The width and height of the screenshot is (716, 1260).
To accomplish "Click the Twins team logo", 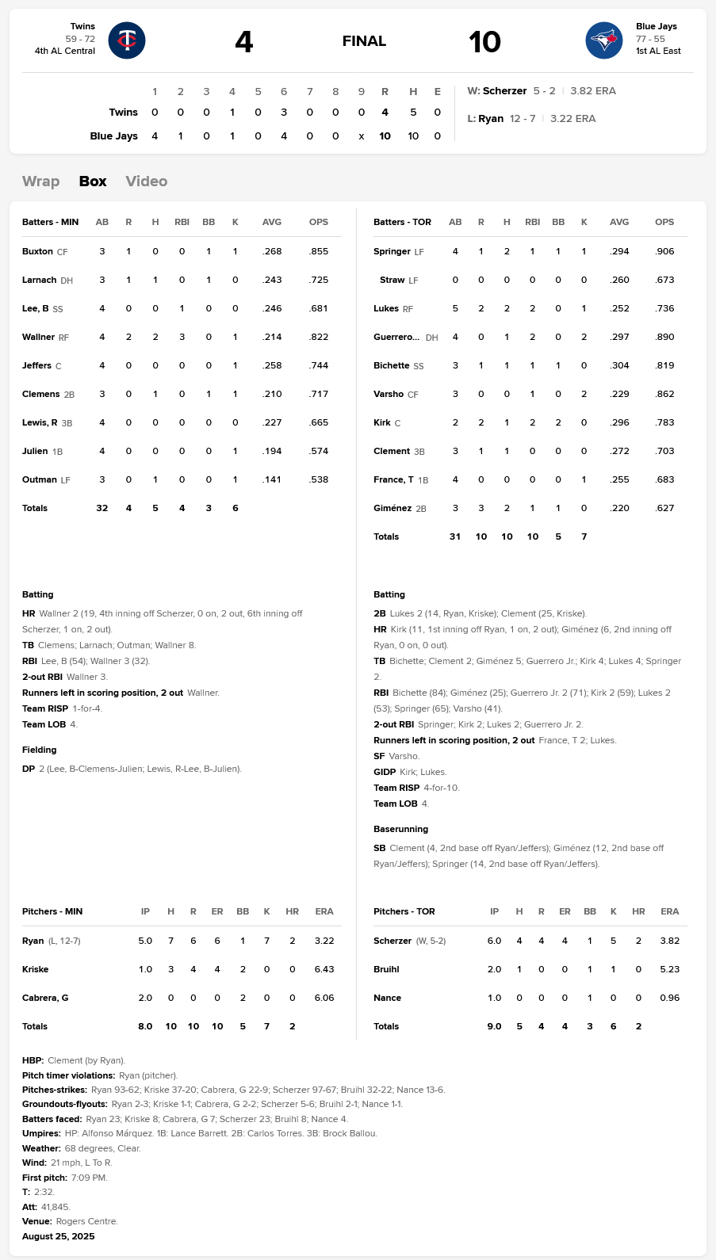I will tap(127, 40).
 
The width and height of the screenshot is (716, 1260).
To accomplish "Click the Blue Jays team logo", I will tap(604, 40).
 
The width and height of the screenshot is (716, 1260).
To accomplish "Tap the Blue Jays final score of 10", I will tap(484, 41).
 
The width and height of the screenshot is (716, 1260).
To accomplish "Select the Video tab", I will tap(147, 181).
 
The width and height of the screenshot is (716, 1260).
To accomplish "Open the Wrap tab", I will tap(41, 181).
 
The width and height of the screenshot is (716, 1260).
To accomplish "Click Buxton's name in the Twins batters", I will tap(37, 251).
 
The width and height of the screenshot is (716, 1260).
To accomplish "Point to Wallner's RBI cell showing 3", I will tap(182, 337).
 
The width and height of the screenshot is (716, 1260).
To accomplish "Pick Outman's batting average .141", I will tap(272, 479).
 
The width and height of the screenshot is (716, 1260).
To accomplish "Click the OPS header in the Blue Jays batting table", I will tap(664, 222).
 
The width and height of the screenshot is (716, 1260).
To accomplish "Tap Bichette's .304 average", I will tap(619, 365).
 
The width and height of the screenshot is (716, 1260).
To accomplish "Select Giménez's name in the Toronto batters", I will tap(392, 508).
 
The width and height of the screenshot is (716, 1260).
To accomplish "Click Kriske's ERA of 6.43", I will tap(324, 969).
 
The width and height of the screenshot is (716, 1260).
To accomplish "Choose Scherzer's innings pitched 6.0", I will tap(494, 941).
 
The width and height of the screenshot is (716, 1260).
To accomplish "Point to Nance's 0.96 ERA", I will tap(669, 998).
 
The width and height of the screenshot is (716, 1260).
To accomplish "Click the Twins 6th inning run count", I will tap(284, 113).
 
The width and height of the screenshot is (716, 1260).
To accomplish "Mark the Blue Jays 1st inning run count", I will tap(155, 136).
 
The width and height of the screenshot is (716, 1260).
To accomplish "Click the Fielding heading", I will tap(40, 750).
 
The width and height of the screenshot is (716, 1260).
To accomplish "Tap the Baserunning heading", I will tap(400, 829).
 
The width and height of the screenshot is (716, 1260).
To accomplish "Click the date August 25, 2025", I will tap(58, 1236).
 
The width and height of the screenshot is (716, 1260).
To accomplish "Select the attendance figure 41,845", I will tap(56, 1207).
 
